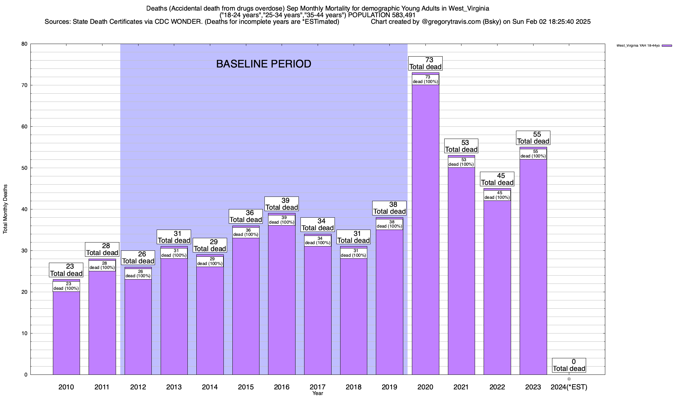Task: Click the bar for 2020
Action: click(425, 232)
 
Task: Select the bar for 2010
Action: click(66, 331)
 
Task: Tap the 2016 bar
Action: click(282, 298)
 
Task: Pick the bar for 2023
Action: click(533, 265)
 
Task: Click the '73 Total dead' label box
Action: click(425, 63)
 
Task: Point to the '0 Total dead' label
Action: click(569, 365)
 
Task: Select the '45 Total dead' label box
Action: click(497, 179)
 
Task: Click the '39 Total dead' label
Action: click(282, 204)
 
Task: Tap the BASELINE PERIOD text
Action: click(263, 64)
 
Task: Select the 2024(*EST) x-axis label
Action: click(569, 387)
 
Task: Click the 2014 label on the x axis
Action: click(210, 387)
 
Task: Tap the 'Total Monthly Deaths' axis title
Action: click(5, 209)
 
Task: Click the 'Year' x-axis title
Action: click(318, 393)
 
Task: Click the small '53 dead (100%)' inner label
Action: click(461, 162)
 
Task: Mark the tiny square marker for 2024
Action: click(569, 379)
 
